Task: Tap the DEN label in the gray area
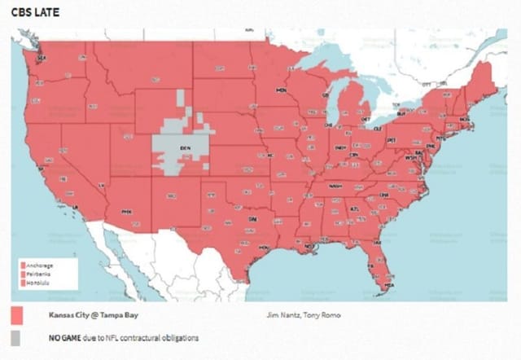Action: [x=185, y=147]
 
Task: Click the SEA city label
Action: [x=43, y=58]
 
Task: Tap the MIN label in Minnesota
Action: [x=282, y=90]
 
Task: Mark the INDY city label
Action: [x=340, y=147]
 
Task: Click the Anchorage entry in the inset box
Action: [x=42, y=266]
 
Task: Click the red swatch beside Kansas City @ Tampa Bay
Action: [x=16, y=315]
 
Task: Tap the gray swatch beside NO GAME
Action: [x=16, y=337]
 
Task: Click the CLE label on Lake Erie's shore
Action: [x=377, y=129]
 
